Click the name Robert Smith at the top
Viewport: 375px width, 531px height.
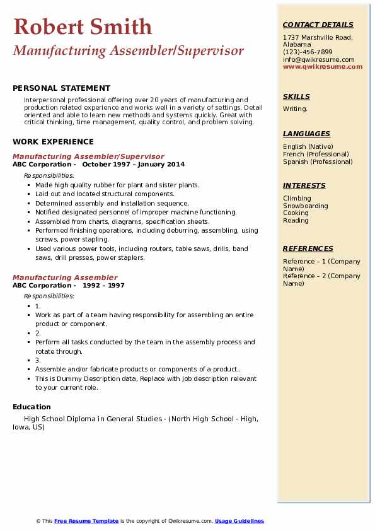[83, 26]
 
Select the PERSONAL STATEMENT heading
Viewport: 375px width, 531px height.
[61, 88]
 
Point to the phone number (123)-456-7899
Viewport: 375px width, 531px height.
[308, 52]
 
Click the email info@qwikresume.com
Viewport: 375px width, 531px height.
[318, 59]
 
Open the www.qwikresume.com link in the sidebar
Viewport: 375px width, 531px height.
[323, 66]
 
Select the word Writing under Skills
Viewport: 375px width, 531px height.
[295, 109]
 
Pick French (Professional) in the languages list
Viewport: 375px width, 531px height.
[316, 154]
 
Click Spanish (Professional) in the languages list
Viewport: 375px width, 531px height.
[317, 161]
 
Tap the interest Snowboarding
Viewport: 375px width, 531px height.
[305, 206]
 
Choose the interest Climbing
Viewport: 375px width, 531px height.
[297, 198]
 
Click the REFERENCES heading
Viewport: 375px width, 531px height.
[308, 248]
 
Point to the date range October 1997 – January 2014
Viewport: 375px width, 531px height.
[134, 164]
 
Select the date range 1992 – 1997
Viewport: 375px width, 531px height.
[103, 285]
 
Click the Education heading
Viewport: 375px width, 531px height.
[32, 407]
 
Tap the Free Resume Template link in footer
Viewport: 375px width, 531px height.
[86, 521]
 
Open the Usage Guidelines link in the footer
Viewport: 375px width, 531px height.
[239, 521]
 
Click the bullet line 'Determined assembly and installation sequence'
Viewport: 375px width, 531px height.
[112, 203]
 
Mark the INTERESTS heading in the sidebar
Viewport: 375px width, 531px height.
[304, 185]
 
